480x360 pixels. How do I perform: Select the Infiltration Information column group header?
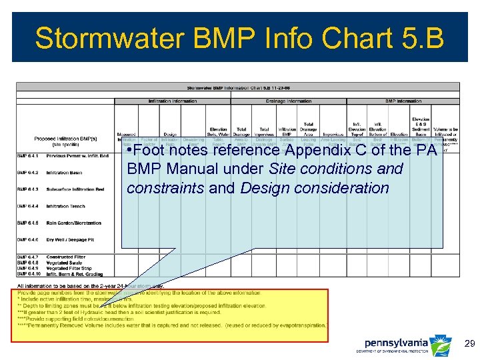(x=172, y=101)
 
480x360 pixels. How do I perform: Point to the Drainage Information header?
(x=289, y=101)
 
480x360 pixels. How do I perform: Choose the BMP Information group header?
(x=403, y=101)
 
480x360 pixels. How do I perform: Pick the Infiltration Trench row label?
(x=66, y=206)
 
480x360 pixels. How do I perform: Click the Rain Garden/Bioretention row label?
(x=74, y=223)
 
